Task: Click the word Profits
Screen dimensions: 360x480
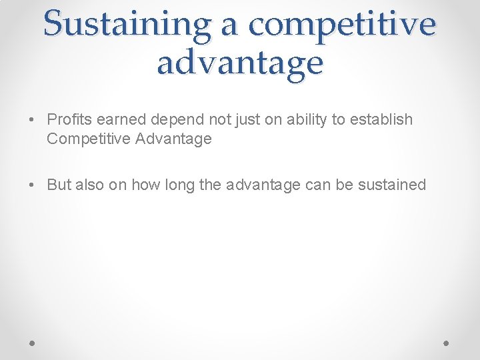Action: pos(69,120)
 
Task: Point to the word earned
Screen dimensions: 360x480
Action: pos(122,120)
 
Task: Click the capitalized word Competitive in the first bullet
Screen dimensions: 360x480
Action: pos(87,139)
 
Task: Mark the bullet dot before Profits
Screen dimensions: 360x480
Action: pos(32,121)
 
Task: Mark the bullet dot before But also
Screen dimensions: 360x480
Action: pos(32,185)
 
